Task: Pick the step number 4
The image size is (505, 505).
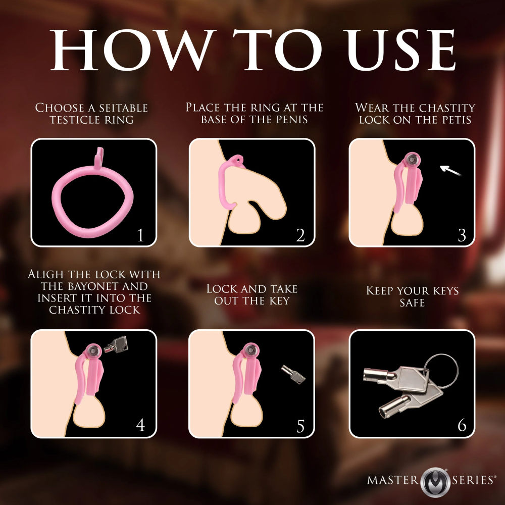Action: coord(140,425)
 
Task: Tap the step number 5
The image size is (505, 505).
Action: coord(300,425)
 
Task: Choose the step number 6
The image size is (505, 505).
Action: coord(461,425)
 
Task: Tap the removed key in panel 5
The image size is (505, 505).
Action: coord(293,375)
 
